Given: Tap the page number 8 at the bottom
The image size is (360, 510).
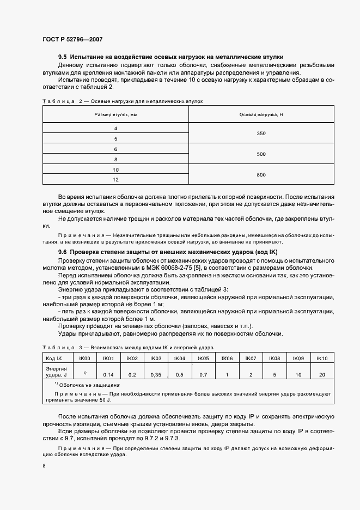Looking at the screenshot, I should click(44, 466).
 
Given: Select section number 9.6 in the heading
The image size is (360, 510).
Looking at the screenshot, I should click(63, 253).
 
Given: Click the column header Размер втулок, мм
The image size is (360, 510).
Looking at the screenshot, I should click(115, 114).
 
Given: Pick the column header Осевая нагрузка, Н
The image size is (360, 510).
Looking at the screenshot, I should click(261, 114).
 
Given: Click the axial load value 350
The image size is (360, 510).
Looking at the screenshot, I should click(261, 133).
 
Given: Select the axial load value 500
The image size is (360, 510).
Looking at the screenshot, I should click(261, 154).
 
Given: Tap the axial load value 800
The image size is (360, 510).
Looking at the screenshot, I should click(261, 174).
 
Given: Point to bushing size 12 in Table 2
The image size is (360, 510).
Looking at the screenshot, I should click(115, 179).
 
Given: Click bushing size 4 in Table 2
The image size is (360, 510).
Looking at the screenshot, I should click(115, 128).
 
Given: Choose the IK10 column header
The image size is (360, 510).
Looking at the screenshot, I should click(322, 358).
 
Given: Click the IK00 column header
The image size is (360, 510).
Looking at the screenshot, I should click(85, 358).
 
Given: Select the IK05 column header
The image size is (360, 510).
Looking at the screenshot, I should click(203, 358).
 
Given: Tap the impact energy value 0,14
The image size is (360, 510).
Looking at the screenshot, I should click(108, 375).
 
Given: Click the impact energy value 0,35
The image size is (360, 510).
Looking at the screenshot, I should click(156, 375).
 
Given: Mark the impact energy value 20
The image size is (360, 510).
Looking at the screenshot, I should click(322, 375).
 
